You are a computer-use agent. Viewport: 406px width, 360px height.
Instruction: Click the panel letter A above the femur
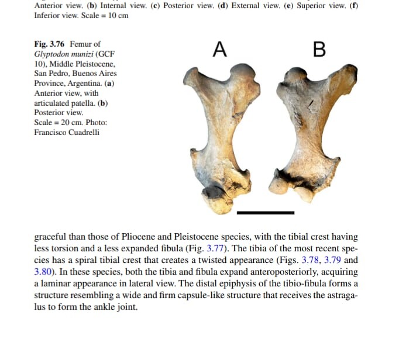coord(219,50)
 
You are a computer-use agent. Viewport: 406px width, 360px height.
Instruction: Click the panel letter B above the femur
coord(319,50)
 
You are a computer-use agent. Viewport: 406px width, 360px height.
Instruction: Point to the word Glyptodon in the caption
coord(51,54)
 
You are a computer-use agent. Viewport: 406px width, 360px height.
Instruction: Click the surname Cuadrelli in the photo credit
coord(82,133)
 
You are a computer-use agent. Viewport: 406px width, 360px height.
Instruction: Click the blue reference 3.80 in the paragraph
coord(44,271)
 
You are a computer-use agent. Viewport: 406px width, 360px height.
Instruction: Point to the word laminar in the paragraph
coord(56,283)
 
